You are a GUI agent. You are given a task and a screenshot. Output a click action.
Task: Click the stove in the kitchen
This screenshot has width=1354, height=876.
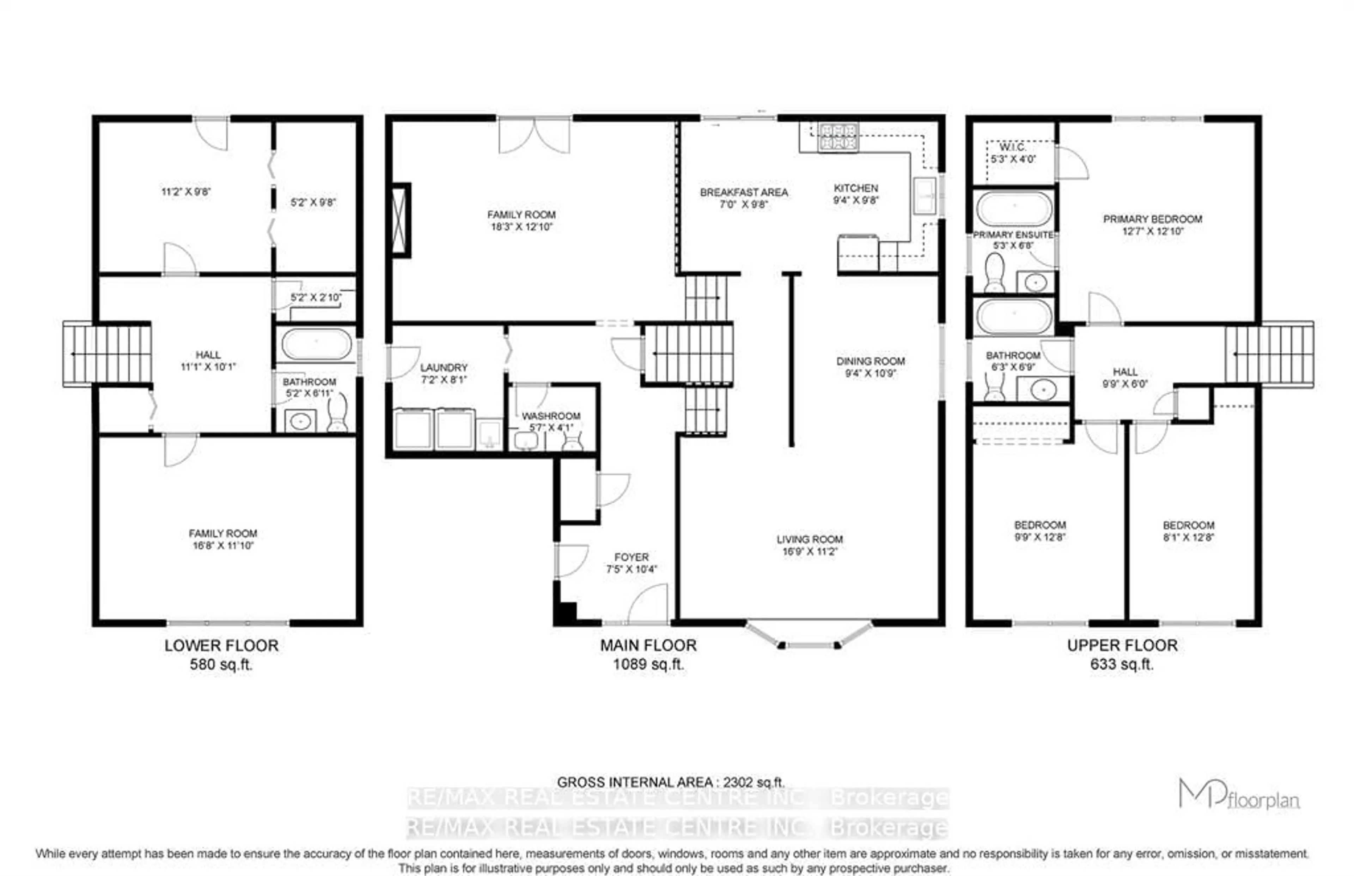(837, 137)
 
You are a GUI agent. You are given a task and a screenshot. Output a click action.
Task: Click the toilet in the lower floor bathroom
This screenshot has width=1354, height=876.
(338, 414)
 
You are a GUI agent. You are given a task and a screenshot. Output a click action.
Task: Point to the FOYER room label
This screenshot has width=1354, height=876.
(631, 557)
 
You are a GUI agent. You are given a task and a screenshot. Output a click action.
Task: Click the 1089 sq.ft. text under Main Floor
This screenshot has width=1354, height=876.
(648, 664)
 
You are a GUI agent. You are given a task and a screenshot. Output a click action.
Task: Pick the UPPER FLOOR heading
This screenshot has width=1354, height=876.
(1122, 645)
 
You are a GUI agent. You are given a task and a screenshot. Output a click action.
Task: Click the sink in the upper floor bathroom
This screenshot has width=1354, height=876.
(1043, 389)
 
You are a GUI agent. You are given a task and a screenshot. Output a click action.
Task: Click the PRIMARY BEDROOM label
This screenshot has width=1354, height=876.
(1152, 219)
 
